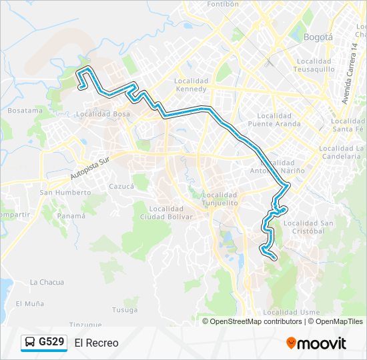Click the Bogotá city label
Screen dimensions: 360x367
(318, 37)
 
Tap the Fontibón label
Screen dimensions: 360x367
(222, 4)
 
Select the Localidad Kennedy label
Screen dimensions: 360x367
(191, 85)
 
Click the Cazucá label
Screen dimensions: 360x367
(121, 187)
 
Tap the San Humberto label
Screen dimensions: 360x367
(65, 193)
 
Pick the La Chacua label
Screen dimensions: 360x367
(47, 282)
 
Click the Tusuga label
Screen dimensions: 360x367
(125, 309)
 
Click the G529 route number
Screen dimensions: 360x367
(51, 343)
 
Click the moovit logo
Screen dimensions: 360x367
(316, 343)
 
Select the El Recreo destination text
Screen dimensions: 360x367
(97, 343)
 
